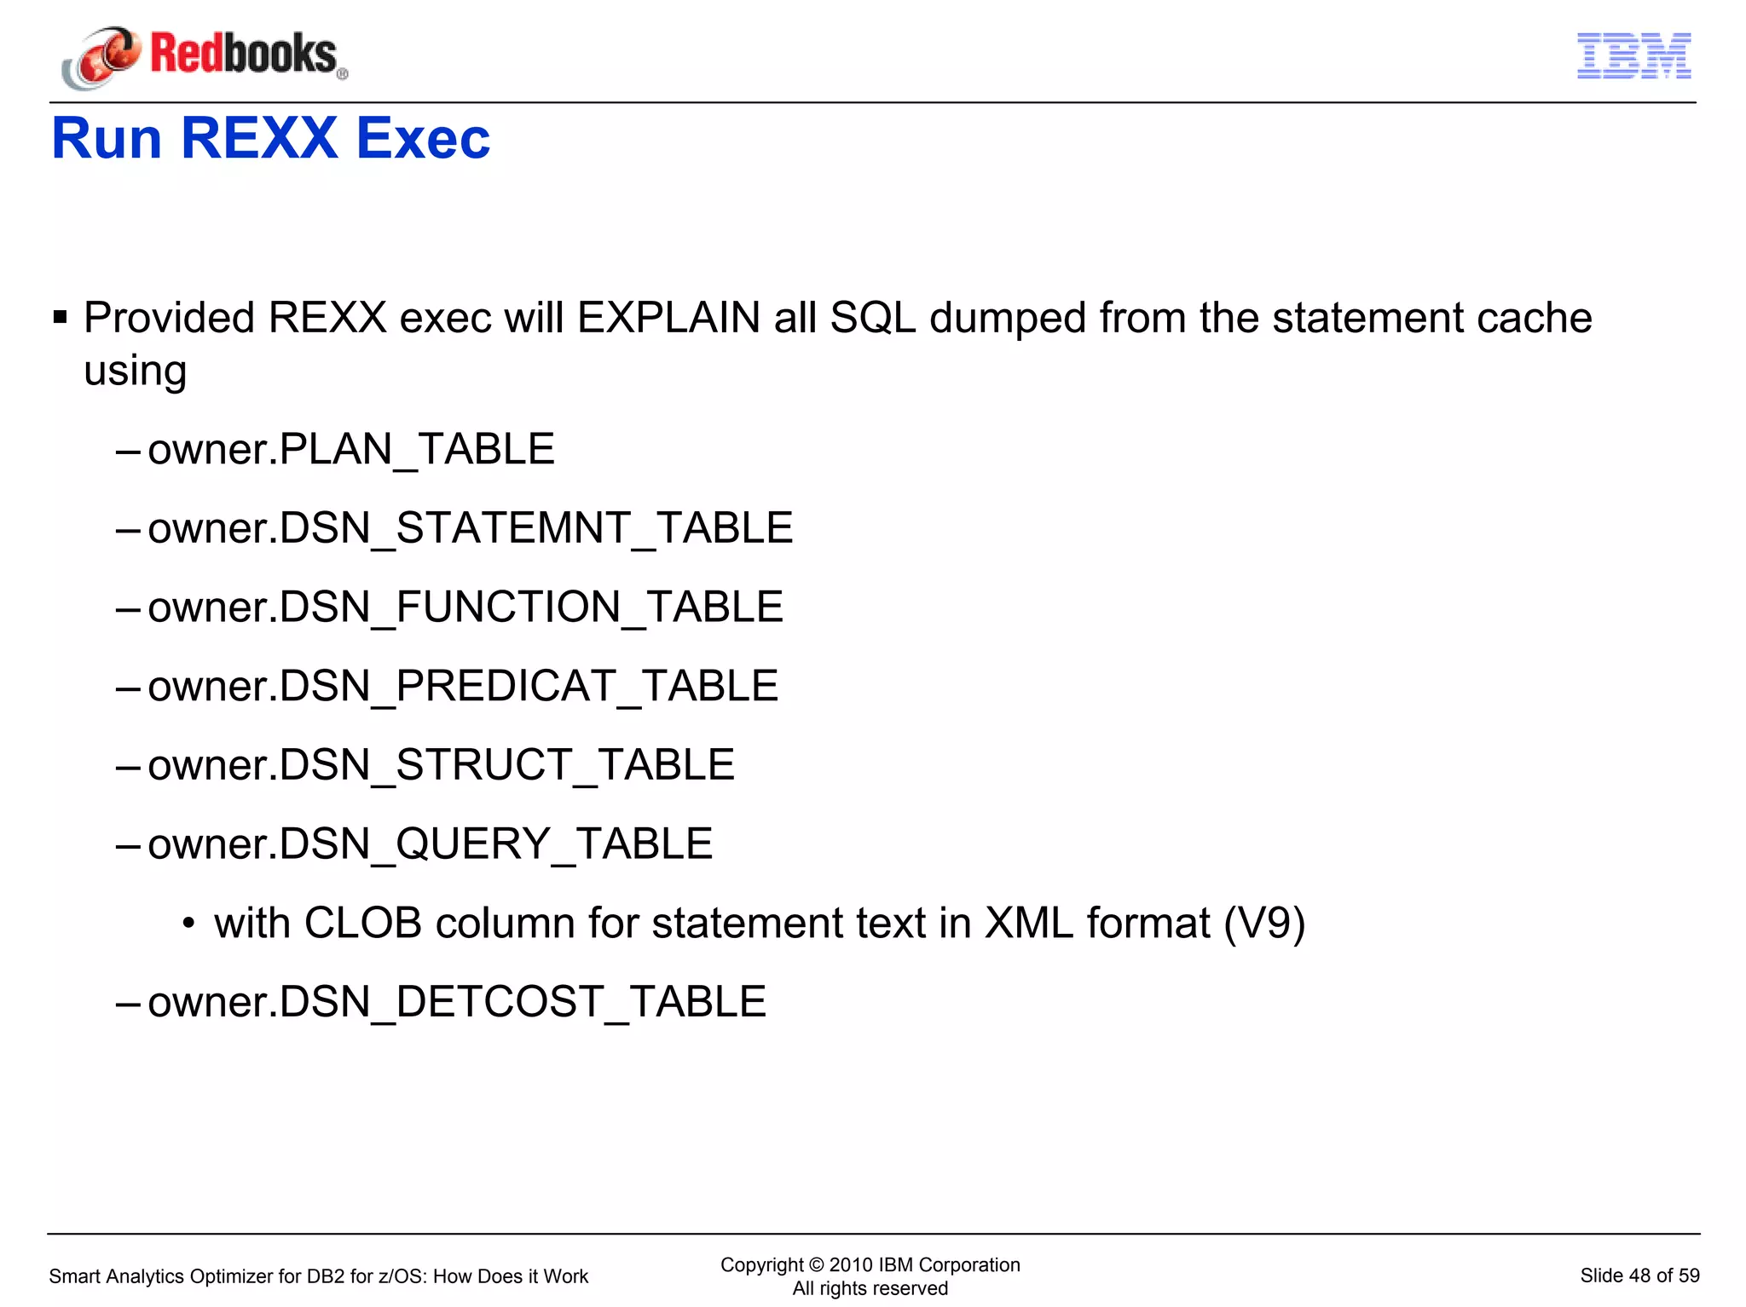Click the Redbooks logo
click(205, 56)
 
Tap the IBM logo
click(1633, 56)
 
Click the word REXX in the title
click(259, 138)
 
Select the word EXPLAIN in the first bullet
click(668, 319)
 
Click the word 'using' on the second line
click(135, 371)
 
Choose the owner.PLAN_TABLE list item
click(350, 449)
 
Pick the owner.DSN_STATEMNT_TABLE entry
click(470, 528)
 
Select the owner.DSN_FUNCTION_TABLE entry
click(465, 607)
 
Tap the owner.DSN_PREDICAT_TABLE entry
click(462, 687)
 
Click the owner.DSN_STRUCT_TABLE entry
click(441, 765)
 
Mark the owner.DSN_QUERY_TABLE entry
click(430, 844)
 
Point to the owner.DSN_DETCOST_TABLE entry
click(456, 1002)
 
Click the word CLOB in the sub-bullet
click(362, 924)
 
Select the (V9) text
click(1264, 924)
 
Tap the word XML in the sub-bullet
click(1028, 924)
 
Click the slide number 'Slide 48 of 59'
click(1639, 1275)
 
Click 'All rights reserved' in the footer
click(870, 1288)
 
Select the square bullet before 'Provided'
click(60, 319)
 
